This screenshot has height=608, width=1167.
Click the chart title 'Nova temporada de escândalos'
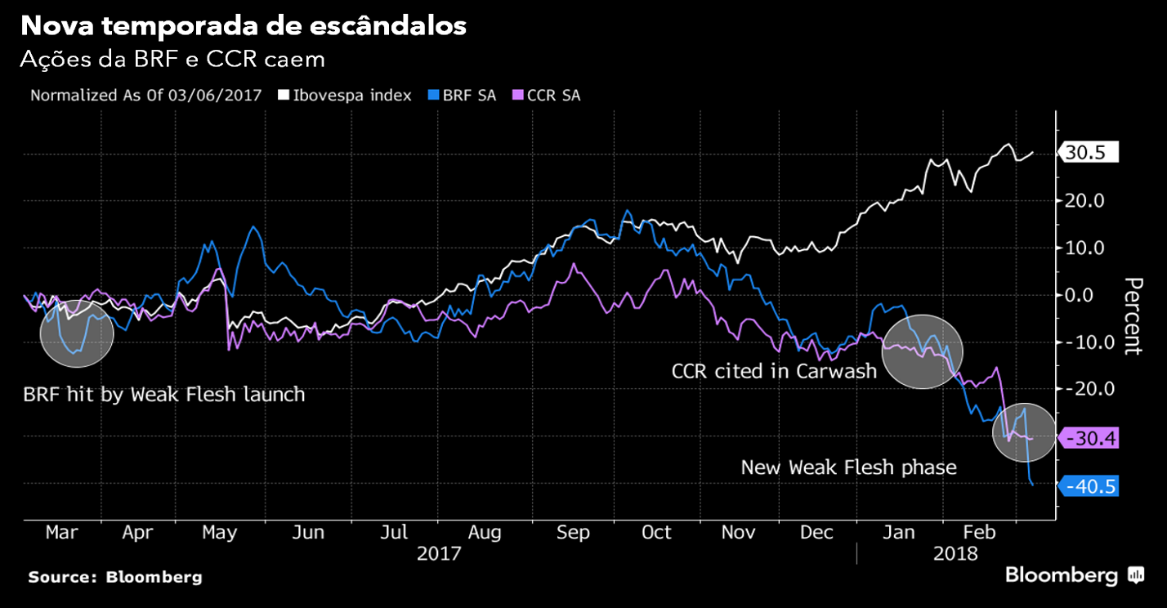[x=244, y=26]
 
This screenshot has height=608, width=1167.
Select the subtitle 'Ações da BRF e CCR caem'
[x=172, y=60]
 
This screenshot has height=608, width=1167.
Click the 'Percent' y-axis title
[x=1132, y=316]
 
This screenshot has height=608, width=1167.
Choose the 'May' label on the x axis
[x=219, y=533]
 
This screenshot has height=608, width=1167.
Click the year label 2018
[x=955, y=553]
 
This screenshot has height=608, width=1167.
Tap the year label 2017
[x=439, y=553]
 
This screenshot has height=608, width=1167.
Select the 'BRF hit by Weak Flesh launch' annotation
[x=164, y=395]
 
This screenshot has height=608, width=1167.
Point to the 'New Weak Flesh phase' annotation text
[x=848, y=467]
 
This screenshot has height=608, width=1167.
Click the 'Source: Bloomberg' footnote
[x=115, y=577]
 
